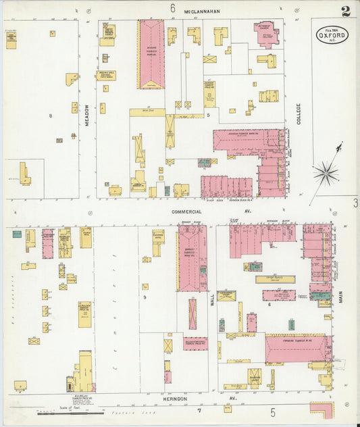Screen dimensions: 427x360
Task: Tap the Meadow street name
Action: point(87,111)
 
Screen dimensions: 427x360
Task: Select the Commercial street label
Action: point(186,211)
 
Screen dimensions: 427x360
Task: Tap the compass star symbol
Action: point(326,174)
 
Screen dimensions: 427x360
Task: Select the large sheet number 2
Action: point(345,11)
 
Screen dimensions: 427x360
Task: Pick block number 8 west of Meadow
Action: point(50,116)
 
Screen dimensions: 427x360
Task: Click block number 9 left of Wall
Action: point(145,296)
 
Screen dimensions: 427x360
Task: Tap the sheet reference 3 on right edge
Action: point(355,203)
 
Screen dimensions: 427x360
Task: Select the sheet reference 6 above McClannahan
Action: point(172,9)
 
